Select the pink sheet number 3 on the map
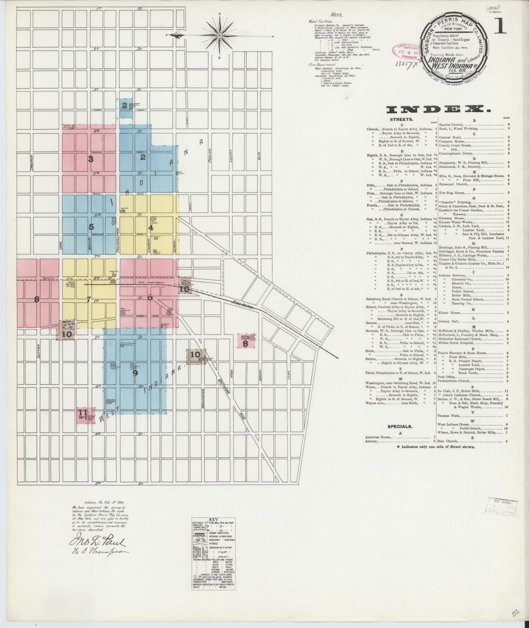(91, 160)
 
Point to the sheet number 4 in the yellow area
(151, 227)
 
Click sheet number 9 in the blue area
(135, 373)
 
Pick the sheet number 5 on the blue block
(91, 227)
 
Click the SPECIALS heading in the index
(400, 426)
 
